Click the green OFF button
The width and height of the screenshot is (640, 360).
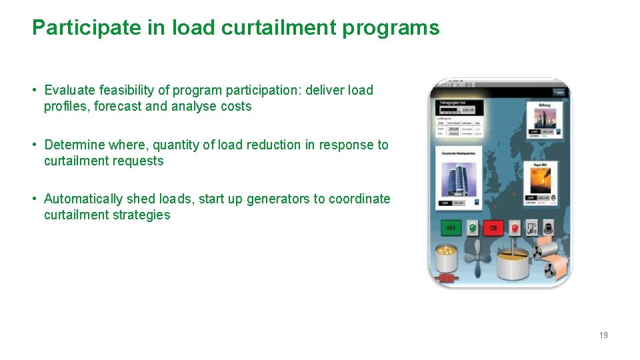click(451, 228)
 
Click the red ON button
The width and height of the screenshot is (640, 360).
click(493, 228)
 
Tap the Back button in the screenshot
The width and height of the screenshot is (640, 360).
click(559, 92)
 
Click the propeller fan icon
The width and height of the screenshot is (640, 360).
click(477, 258)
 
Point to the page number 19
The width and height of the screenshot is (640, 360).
click(603, 335)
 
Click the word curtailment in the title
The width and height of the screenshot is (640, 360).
click(248, 28)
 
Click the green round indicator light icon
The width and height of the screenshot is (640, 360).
click(472, 228)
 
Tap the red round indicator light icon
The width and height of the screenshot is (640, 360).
click(515, 228)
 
